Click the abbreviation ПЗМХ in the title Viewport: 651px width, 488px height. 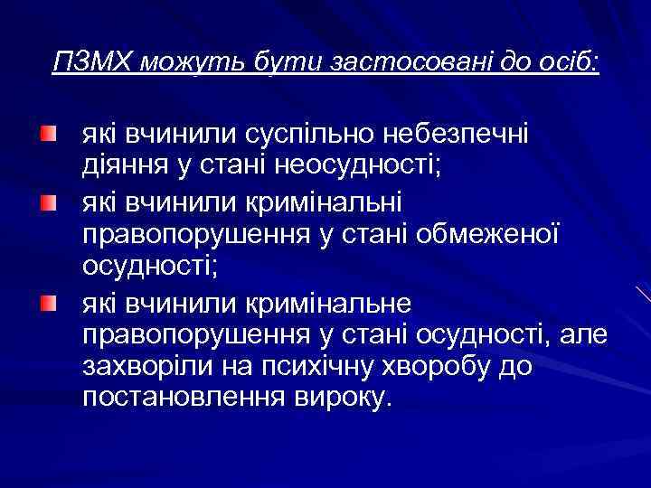point(90,63)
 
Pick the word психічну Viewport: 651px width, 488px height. point(343,368)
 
